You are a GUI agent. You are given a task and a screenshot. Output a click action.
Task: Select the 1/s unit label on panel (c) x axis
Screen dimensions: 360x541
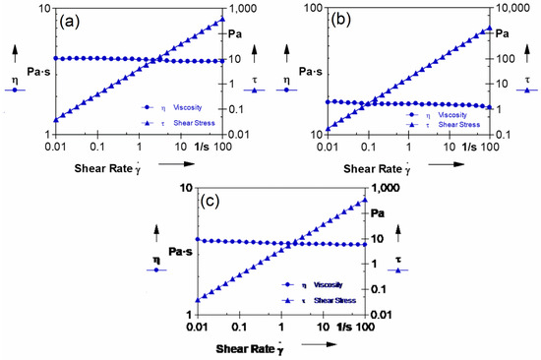(x=342, y=326)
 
